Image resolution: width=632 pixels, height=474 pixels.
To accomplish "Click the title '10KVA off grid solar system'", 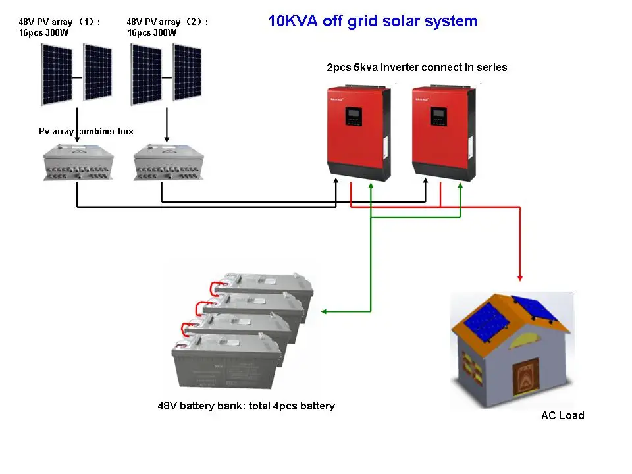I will [373, 21].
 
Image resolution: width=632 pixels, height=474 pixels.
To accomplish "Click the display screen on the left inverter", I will [355, 117].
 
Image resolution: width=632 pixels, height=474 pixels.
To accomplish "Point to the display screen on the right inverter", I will [439, 117].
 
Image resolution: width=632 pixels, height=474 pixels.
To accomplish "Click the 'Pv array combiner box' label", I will [86, 132].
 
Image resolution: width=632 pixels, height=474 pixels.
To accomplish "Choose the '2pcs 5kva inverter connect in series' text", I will [417, 67].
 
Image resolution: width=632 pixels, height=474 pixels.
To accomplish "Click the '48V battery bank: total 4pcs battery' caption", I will [246, 406].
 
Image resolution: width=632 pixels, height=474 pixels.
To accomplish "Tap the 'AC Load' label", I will [562, 415].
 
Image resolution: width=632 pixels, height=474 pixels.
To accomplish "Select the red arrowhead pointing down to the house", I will [520, 277].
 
